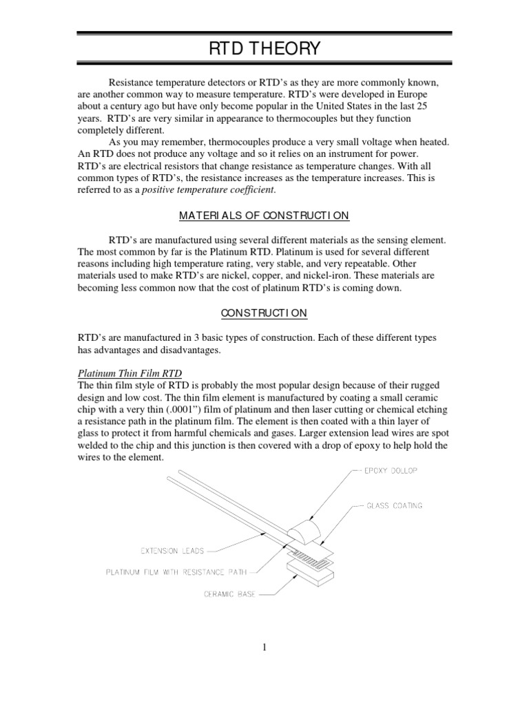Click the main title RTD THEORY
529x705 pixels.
(x=264, y=49)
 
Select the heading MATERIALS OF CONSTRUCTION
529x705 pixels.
(x=264, y=216)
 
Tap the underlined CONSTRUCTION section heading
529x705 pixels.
(x=264, y=313)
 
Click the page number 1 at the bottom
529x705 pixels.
(x=264, y=646)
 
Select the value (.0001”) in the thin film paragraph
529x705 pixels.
(x=185, y=410)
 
